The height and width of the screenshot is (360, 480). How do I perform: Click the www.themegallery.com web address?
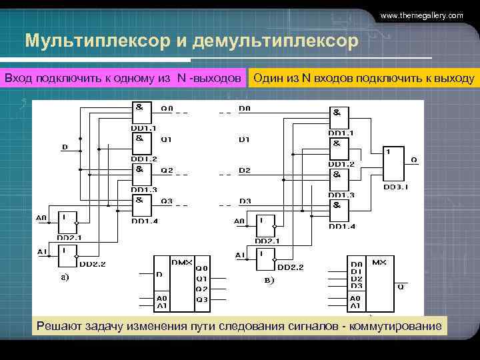421,15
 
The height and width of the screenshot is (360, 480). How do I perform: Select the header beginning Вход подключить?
123,79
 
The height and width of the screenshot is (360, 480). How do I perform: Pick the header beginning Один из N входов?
363,79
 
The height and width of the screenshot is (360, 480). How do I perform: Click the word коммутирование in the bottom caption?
394,325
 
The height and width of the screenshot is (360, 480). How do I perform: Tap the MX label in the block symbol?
379,262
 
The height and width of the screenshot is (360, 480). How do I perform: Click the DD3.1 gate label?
396,187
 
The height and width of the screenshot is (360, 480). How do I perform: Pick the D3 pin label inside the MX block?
357,286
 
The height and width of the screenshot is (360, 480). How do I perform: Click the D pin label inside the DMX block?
159,274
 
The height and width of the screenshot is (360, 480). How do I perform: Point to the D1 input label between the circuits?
245,139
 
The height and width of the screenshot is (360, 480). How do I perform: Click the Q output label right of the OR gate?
414,160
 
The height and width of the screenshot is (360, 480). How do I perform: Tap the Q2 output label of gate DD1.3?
167,170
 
